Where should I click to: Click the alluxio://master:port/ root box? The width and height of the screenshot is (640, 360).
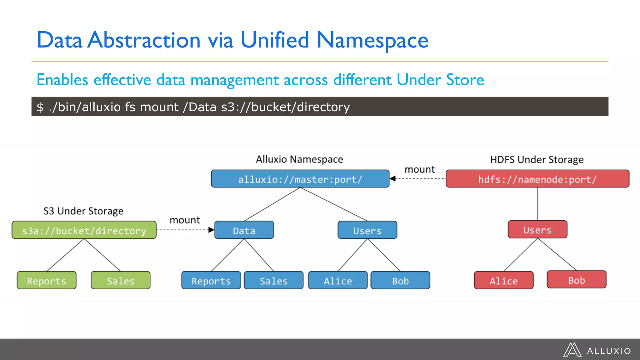tap(300, 179)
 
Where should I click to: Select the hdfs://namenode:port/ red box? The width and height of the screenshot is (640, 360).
tap(537, 179)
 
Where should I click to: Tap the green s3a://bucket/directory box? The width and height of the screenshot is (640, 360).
tap(84, 230)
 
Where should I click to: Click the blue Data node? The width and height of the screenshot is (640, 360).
tap(244, 230)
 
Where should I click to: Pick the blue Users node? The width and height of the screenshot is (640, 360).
tap(367, 230)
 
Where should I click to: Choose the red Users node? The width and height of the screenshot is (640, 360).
tap(537, 230)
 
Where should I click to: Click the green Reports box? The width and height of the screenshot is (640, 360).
tap(47, 280)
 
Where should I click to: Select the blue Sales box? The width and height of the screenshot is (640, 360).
tap(273, 280)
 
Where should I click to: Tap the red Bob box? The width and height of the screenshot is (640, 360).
tap(576, 280)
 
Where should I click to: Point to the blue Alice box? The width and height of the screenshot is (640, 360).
tap(338, 280)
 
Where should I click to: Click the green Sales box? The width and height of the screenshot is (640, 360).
tap(121, 280)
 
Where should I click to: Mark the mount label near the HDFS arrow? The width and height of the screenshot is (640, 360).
tap(419, 169)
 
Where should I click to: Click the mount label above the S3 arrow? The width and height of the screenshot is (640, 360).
tap(185, 220)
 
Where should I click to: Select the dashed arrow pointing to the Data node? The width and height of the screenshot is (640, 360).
tap(185, 230)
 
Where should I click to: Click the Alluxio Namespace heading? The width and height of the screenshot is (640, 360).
tap(299, 159)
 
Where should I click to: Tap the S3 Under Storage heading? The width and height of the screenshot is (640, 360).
tap(83, 211)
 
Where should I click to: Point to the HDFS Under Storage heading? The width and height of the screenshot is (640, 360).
tap(537, 160)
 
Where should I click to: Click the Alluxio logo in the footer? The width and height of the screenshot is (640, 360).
tap(597, 350)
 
